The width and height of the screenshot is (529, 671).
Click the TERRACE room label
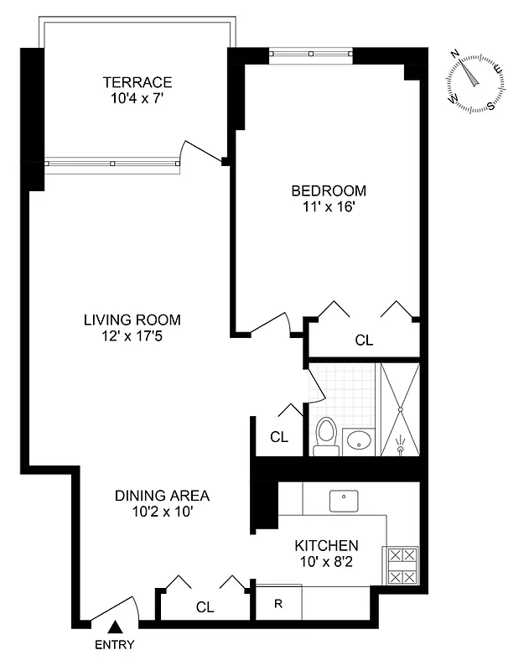click(137, 81)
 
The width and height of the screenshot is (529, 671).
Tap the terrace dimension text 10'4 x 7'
click(137, 97)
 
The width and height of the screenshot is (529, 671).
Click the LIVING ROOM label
click(132, 320)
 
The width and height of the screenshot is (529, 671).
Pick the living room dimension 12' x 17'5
click(132, 335)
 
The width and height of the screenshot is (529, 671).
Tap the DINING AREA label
click(162, 495)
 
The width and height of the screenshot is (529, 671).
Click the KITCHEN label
click(326, 544)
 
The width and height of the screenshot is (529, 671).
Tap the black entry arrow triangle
click(118, 625)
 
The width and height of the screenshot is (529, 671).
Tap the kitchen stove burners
click(401, 566)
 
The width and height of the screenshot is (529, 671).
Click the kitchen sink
click(344, 501)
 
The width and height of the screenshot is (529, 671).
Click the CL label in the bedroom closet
click(363, 341)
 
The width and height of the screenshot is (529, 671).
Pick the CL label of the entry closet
click(205, 606)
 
